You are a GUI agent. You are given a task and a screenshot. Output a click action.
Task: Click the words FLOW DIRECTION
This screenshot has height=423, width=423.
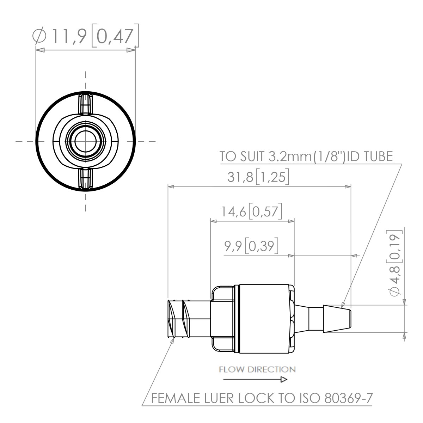[x=257, y=369]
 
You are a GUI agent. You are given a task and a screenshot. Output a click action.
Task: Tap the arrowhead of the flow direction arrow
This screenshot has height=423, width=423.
[x=284, y=380]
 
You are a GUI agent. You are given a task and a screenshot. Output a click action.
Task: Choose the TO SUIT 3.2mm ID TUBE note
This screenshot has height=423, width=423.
[x=306, y=157]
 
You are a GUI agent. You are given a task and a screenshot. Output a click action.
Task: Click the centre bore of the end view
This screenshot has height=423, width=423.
[x=85, y=141]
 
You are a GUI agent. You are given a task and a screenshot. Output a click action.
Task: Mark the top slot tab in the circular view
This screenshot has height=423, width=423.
[x=85, y=104]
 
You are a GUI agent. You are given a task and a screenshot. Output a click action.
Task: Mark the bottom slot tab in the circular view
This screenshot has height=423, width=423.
[x=85, y=179]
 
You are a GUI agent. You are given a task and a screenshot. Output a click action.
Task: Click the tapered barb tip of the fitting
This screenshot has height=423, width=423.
[x=337, y=319]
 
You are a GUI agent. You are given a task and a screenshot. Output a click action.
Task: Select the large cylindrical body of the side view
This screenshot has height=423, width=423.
[x=264, y=319]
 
